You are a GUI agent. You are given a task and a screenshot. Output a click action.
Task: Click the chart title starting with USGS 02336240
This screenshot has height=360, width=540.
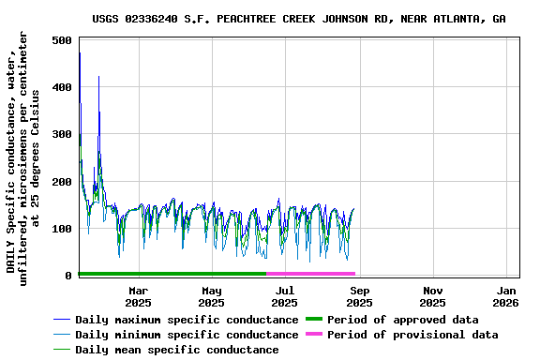click(299, 19)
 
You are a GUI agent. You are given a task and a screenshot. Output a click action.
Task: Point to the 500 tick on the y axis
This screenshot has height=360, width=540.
click(63, 41)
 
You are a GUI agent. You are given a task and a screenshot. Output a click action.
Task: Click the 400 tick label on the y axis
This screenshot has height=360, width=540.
click(63, 88)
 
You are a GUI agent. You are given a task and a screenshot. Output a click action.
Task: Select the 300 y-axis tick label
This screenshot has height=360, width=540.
click(63, 135)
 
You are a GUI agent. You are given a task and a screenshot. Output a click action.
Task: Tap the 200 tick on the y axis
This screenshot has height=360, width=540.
click(63, 182)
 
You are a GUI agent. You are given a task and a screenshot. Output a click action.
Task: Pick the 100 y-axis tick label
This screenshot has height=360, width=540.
click(63, 229)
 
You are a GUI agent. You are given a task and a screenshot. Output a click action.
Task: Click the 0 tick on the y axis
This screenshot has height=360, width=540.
click(69, 276)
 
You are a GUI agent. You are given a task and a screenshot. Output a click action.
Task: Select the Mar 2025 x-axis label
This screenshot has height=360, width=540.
click(138, 296)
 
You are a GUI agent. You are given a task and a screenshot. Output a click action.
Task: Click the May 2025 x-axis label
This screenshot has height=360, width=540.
click(212, 296)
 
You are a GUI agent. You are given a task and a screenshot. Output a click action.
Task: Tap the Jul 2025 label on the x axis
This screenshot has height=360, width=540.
click(286, 296)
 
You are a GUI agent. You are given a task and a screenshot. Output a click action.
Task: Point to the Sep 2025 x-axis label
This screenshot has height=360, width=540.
click(359, 296)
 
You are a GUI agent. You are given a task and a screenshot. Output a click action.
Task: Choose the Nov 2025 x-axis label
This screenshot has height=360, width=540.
click(432, 296)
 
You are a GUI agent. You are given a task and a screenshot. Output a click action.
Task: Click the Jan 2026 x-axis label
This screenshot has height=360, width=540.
click(506, 296)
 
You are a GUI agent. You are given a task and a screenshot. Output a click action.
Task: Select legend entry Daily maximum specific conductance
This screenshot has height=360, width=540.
click(187, 320)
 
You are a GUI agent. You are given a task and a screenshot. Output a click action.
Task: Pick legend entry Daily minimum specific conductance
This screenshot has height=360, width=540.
click(187, 335)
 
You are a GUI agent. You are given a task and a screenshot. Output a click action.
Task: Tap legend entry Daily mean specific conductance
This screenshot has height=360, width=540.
click(176, 350)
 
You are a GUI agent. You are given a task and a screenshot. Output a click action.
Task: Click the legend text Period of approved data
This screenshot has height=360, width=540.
click(404, 320)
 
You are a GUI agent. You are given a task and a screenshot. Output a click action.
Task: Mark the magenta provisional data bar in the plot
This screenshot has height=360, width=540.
click(310, 274)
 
